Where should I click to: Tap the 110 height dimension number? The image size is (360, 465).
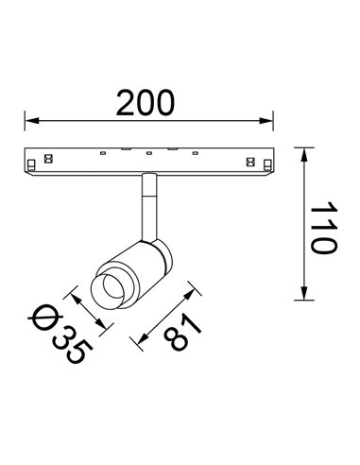click(x=322, y=226)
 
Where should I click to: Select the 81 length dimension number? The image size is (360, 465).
click(x=182, y=336)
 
